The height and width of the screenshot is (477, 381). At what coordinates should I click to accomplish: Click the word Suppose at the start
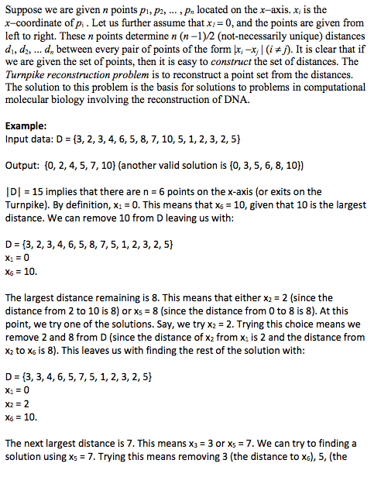[x=24, y=9]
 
